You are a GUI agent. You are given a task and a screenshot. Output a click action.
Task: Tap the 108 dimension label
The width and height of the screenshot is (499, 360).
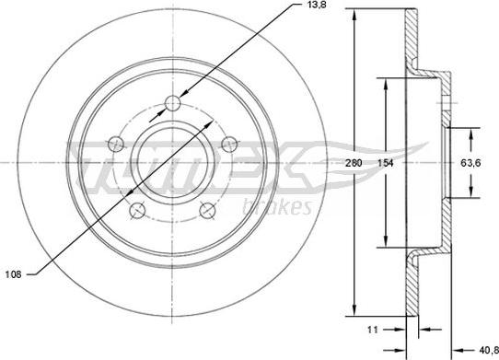tap(14, 274)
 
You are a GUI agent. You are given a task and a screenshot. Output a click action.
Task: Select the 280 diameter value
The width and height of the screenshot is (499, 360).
tap(354, 163)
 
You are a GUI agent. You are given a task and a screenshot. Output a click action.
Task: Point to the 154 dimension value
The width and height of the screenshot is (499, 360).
tap(386, 163)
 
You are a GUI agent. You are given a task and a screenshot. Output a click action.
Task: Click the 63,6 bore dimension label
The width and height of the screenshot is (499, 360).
tap(470, 163)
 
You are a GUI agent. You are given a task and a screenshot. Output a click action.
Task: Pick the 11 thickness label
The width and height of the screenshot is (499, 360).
tap(373, 330)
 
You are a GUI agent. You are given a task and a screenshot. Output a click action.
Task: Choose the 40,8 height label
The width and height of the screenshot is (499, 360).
tap(489, 350)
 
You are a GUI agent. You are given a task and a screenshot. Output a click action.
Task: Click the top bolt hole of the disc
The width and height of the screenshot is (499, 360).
tap(173, 103)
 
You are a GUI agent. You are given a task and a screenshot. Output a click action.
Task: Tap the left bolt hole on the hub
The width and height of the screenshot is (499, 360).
tap(116, 145)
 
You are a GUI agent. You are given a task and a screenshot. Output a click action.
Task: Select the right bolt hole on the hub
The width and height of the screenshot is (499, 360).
tap(229, 145)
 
